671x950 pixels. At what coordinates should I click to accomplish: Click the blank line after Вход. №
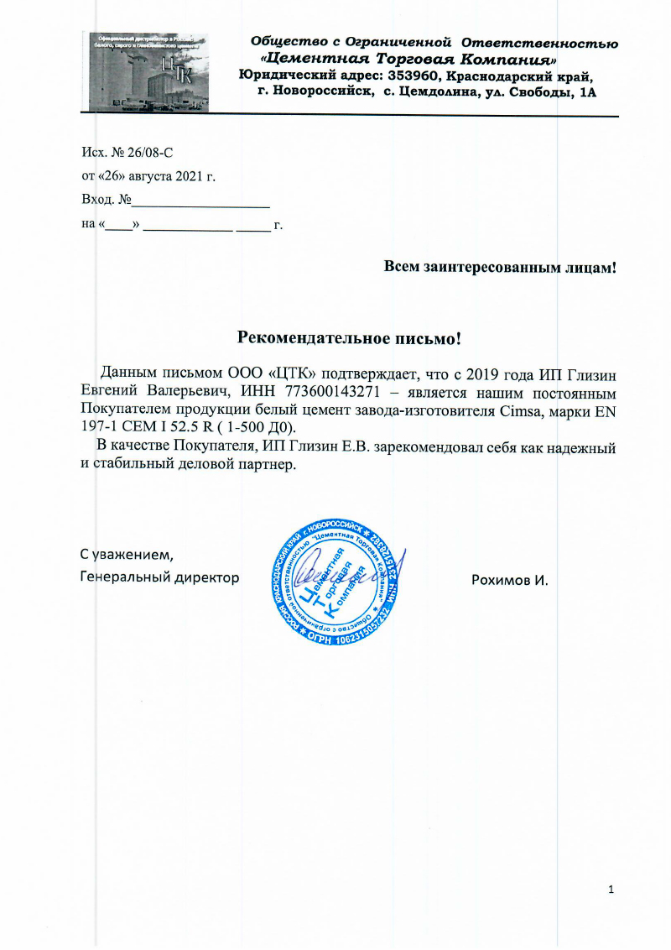point(200,202)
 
